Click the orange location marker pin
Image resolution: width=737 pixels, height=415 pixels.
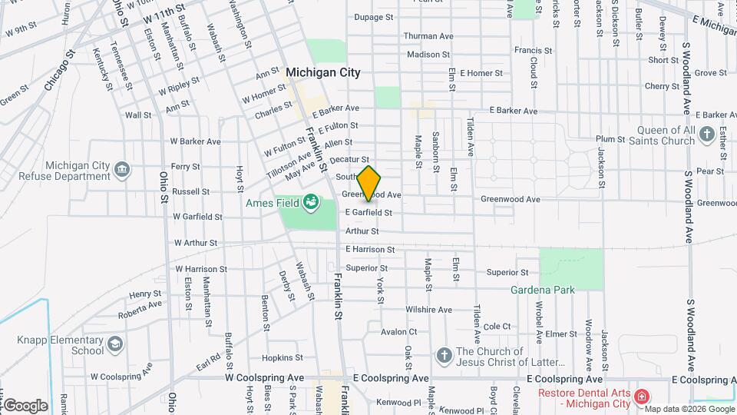[x=369, y=183]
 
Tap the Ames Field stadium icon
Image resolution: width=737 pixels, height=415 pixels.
[x=311, y=203]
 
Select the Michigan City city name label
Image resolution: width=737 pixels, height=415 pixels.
[x=322, y=71]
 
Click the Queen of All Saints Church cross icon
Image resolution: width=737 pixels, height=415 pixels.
[x=707, y=136]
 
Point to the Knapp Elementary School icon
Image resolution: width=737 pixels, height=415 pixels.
[x=114, y=343]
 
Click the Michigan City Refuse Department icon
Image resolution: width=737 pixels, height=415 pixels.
[x=121, y=169]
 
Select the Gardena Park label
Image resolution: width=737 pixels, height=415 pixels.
[x=543, y=290]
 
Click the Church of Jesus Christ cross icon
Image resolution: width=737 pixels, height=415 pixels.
[x=443, y=355]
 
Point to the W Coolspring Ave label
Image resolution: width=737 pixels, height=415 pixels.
[x=264, y=379]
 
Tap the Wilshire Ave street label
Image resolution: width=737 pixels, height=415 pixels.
[x=428, y=310]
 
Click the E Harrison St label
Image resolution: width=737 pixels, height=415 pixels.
[x=370, y=250]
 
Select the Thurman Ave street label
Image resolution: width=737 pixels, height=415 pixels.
[x=429, y=36]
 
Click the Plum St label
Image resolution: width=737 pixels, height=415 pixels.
[x=610, y=139]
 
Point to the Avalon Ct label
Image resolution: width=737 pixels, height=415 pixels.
[x=398, y=332]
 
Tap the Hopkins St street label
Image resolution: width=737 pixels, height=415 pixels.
[x=283, y=358]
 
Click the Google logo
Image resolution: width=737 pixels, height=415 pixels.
[x=25, y=405]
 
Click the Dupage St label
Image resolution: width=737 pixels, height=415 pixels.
[x=373, y=16]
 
